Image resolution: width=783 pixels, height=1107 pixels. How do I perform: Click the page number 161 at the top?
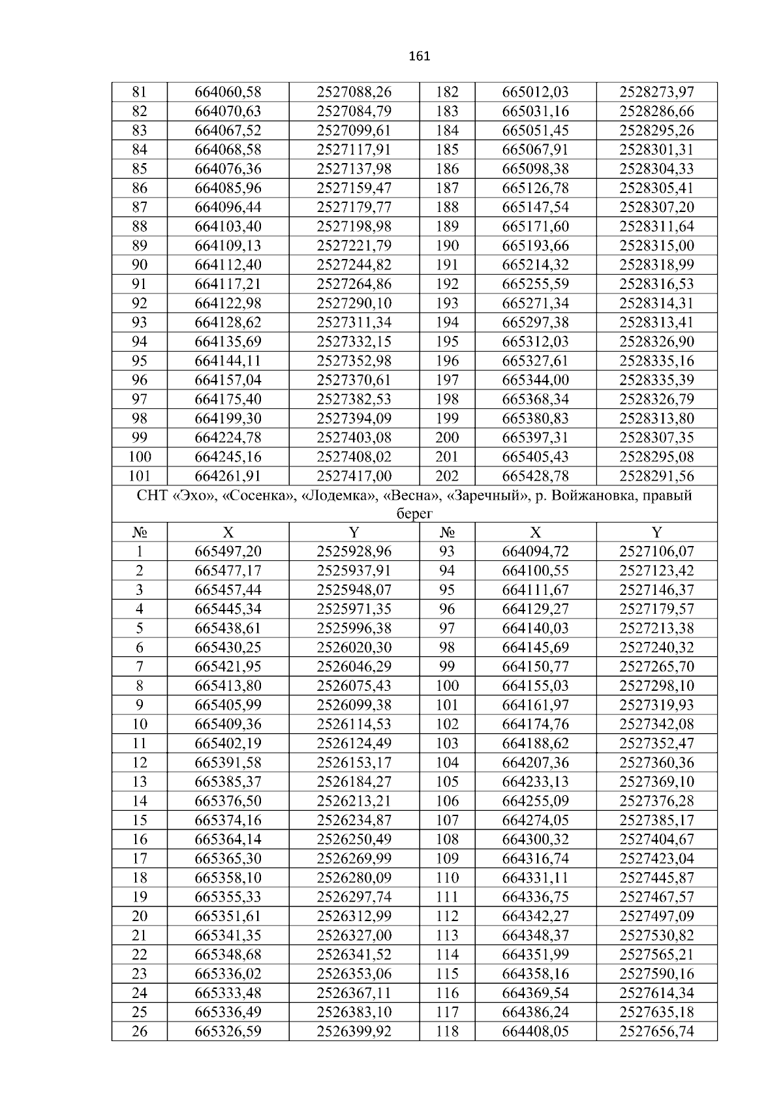click(x=419, y=56)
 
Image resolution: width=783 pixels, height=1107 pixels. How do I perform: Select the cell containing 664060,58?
click(x=228, y=92)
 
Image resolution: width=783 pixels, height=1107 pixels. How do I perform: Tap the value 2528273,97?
click(x=656, y=92)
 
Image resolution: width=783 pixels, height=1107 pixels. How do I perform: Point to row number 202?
click(x=447, y=476)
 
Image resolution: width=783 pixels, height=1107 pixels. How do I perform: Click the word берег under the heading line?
click(x=415, y=514)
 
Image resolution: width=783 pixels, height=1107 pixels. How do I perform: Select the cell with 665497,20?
click(x=228, y=552)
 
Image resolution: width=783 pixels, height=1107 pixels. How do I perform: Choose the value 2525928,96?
click(x=354, y=552)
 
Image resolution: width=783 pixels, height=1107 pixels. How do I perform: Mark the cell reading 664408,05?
click(x=535, y=1031)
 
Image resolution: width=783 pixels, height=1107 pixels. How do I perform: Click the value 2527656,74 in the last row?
click(x=656, y=1031)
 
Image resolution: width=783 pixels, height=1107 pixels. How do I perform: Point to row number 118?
click(x=447, y=1031)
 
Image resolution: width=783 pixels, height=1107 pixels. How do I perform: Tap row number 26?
click(x=140, y=1031)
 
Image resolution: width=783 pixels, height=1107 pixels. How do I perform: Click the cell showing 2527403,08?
click(x=354, y=438)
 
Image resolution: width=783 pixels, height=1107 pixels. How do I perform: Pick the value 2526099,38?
click(x=354, y=705)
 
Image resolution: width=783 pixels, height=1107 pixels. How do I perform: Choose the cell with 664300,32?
click(x=535, y=840)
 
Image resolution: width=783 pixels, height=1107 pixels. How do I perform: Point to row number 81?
click(x=140, y=92)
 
